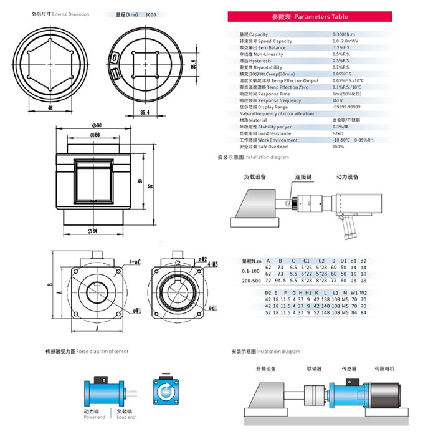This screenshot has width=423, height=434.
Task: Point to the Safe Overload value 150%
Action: coord(338,146)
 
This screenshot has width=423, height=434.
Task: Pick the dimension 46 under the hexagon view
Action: coord(50,108)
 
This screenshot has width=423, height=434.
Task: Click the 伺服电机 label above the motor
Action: coord(384,369)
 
